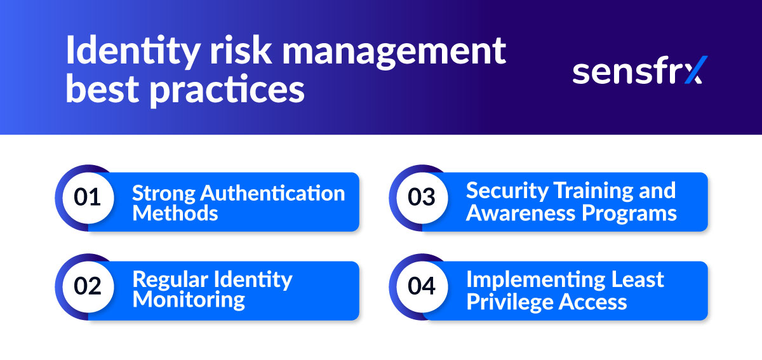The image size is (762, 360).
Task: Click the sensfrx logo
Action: (x=639, y=71)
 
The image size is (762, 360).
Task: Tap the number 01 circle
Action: (x=88, y=197)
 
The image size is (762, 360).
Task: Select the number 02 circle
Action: (x=88, y=286)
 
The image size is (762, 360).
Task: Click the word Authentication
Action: (x=274, y=192)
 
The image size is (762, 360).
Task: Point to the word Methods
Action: (x=175, y=213)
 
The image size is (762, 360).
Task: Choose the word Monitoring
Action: (x=189, y=300)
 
